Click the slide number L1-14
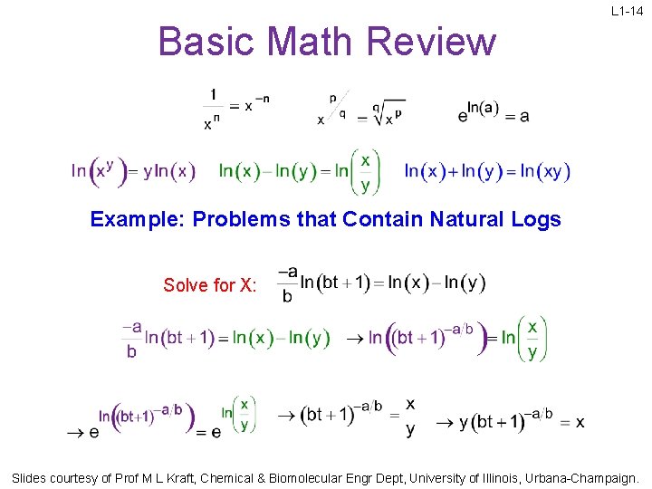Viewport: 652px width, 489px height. click(627, 12)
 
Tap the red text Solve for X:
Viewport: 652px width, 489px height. click(210, 285)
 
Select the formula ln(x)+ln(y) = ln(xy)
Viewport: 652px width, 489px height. click(487, 171)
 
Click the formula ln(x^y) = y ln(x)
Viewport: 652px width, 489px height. click(132, 170)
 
